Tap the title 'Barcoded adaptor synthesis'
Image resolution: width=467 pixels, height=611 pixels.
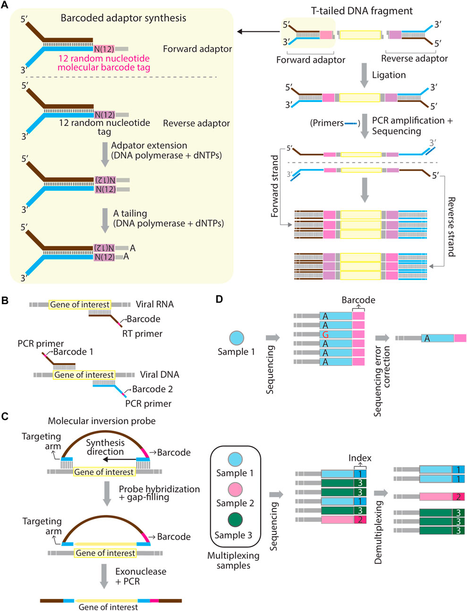coord(123,18)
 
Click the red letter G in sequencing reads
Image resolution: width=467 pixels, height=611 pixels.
coord(325,335)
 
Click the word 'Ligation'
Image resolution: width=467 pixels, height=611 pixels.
coord(389,75)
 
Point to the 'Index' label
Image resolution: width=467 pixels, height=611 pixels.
coord(360,458)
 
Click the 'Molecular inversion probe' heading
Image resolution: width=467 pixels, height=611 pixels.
coord(102,421)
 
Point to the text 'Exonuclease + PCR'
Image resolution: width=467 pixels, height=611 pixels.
coord(141,576)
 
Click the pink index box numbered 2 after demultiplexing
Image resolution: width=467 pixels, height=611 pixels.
coord(458,497)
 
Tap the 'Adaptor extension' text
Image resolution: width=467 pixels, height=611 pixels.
coord(149,145)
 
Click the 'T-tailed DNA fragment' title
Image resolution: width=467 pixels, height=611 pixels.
coord(361,11)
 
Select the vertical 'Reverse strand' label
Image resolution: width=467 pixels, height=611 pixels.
coord(451,227)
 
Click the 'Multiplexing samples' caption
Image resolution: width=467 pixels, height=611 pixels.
coord(233,560)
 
